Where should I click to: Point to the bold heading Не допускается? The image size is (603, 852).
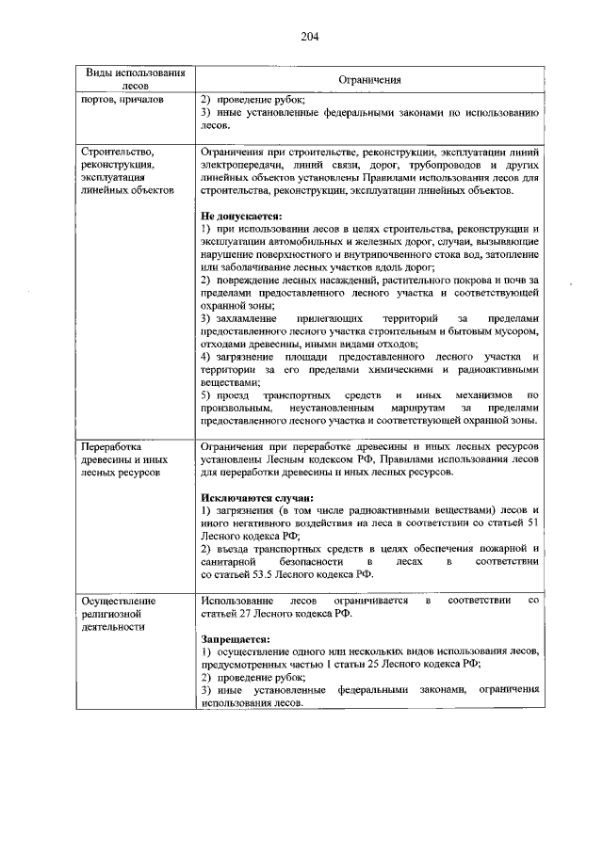(241, 216)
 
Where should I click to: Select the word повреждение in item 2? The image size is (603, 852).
(251, 281)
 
